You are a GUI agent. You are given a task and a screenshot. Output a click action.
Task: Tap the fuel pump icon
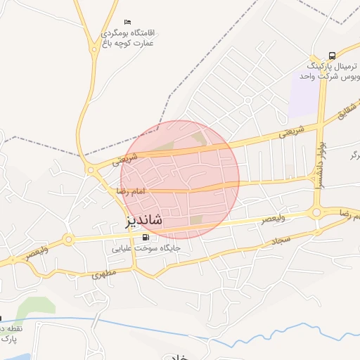pos(146,237)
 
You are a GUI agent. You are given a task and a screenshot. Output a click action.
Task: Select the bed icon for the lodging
pos(127,22)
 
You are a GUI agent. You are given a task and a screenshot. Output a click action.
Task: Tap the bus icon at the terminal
pos(332,55)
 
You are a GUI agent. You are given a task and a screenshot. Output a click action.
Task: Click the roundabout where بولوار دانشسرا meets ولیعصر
pos(316,212)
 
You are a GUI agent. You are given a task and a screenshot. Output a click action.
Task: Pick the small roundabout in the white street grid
pos(248,101)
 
